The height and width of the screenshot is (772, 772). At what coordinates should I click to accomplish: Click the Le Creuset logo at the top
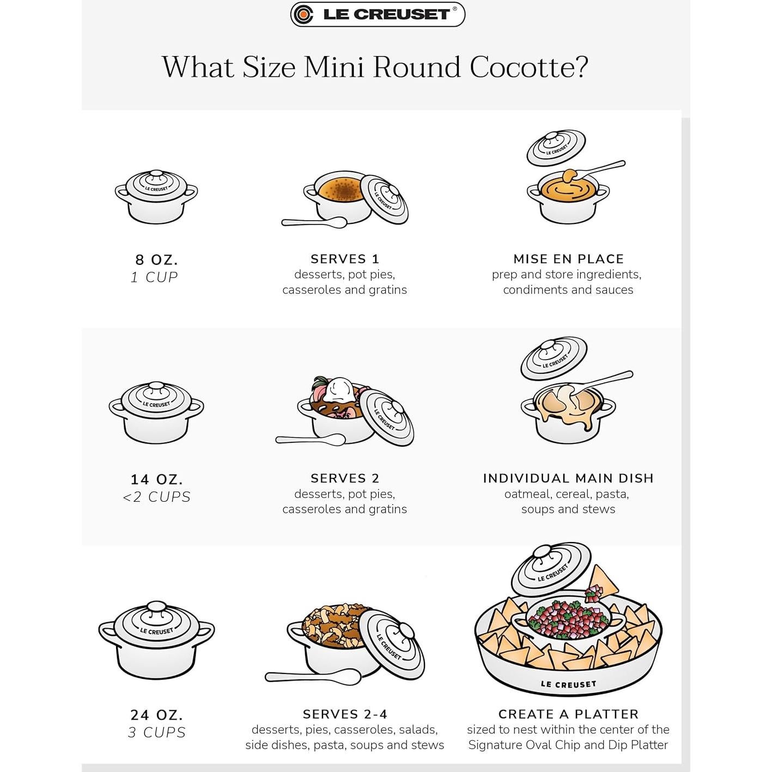(378, 15)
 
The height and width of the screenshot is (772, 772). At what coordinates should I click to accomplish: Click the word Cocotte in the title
(528, 68)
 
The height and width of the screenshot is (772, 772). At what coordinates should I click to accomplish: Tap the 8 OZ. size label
(156, 259)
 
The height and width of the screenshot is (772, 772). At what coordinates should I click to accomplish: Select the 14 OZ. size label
(156, 479)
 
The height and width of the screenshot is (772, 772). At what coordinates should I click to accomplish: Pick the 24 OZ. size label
(156, 715)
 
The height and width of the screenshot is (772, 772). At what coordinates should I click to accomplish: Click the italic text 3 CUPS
(156, 733)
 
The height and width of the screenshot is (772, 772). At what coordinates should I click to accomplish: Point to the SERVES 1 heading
(344, 259)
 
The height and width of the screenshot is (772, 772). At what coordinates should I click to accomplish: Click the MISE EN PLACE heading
(568, 259)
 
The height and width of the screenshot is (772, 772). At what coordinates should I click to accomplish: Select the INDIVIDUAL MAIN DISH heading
(568, 478)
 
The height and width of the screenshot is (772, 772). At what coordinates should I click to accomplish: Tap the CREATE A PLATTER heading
(568, 714)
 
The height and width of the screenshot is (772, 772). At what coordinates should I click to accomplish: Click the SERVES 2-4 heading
(344, 714)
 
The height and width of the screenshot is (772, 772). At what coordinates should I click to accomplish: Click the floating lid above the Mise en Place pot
(556, 148)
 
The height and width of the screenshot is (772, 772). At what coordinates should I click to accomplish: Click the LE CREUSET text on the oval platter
(568, 684)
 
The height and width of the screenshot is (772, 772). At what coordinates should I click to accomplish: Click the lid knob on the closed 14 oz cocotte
(156, 386)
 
